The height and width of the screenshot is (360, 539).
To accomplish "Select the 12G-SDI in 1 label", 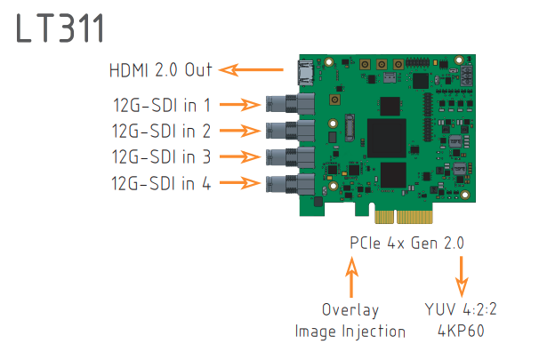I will pyautogui.click(x=161, y=105).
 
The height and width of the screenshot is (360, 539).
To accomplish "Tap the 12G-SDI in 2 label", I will pyautogui.click(x=161, y=132).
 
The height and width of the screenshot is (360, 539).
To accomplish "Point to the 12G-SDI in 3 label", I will pyautogui.click(x=161, y=157).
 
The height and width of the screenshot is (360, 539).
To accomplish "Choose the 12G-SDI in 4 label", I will pyautogui.click(x=161, y=184).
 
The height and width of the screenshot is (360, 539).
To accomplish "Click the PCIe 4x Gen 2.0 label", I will pyautogui.click(x=406, y=242).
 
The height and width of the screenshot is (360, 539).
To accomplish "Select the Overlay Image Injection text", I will pyautogui.click(x=350, y=321).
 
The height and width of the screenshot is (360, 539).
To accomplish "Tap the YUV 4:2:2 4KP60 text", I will pyautogui.click(x=461, y=321).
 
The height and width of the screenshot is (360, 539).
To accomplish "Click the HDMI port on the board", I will pyautogui.click(x=305, y=68).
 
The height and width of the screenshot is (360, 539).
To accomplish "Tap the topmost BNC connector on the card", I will pyautogui.click(x=283, y=104).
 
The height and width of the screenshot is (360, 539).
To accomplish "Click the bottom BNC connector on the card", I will pyautogui.click(x=283, y=184).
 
